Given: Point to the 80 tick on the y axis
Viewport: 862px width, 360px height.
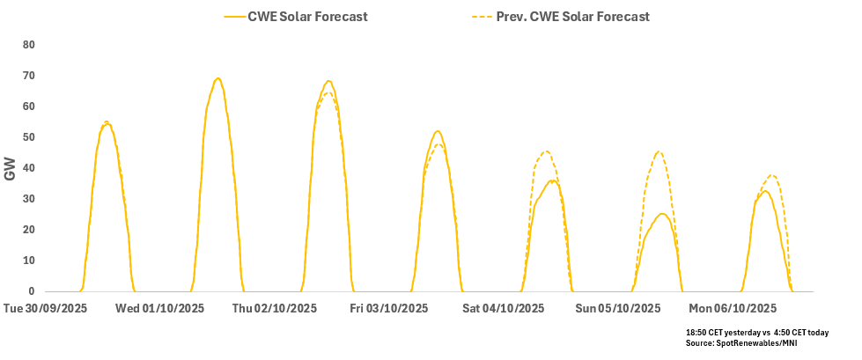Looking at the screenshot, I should pos(28,45).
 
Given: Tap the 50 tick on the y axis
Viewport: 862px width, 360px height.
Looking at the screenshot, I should pos(28,137).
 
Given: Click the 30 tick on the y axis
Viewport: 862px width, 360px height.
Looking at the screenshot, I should pos(28,199).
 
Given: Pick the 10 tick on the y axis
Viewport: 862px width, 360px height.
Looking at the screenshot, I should pos(28,261).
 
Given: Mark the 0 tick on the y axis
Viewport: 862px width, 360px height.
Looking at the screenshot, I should pos(31,291).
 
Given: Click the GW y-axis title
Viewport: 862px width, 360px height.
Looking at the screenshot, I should pos(11,168).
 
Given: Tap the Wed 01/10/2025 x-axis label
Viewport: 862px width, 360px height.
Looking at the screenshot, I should pos(159,309).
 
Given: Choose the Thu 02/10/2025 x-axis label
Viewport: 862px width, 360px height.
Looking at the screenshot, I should pos(275,309).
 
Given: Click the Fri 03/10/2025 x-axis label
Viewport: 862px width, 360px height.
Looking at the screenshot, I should pos(389,309).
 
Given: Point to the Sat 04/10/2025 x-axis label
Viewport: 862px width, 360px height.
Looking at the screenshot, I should pos(504,309).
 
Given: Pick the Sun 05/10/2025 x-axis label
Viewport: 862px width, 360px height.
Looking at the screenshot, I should pos(618,309).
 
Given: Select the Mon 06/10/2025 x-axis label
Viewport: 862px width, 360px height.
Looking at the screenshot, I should pos(733,309).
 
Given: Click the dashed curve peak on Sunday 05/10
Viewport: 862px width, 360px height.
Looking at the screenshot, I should pos(659,151).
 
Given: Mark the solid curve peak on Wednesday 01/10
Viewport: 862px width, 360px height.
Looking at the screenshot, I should pos(217,77).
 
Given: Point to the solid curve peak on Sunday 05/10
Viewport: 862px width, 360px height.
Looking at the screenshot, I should pos(661,213).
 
